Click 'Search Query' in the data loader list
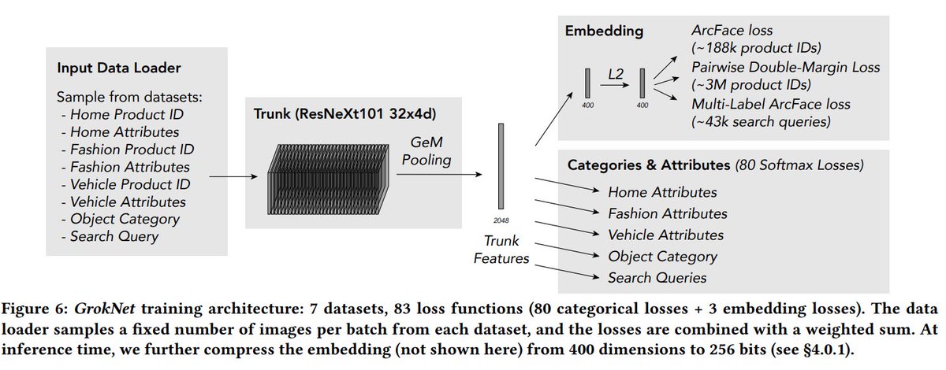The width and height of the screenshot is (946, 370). pos(114,235)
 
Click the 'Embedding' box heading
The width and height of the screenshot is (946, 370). pos(604,31)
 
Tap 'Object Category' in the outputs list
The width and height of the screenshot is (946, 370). pos(662,257)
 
